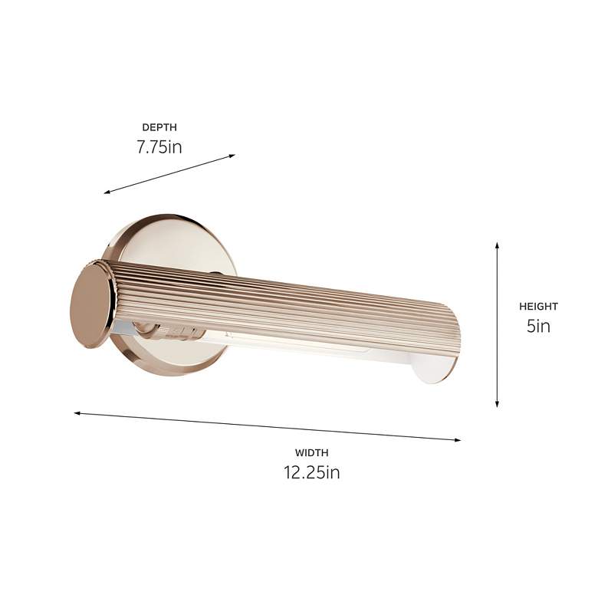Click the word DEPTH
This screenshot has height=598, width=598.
[x=159, y=127]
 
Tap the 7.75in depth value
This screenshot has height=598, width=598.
[x=159, y=146]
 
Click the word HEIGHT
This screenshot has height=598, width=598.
[x=538, y=307]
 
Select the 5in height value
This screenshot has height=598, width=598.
[x=538, y=326]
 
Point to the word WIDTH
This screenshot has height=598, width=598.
[x=311, y=453]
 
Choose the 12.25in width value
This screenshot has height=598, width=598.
[x=311, y=472]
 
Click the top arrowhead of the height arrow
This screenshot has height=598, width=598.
[x=498, y=245]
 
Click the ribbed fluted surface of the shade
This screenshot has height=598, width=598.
[x=291, y=299]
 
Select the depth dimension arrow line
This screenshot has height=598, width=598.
[x=169, y=174]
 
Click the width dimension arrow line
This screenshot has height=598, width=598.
[x=268, y=426]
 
